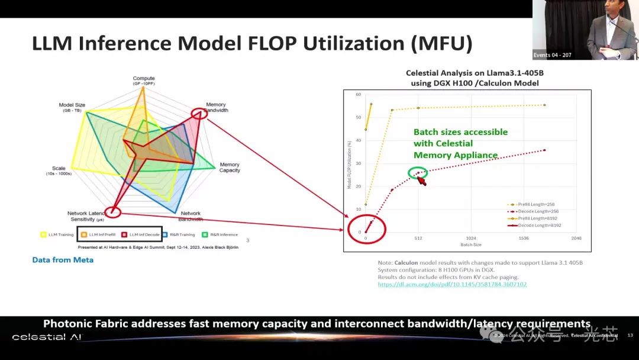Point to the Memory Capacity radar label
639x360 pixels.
point(230,168)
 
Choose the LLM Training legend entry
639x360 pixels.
point(58,234)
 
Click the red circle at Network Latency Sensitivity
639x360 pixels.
point(112,212)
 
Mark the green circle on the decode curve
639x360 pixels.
point(417,173)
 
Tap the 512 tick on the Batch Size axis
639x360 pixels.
point(418,239)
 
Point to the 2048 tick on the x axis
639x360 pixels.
point(576,239)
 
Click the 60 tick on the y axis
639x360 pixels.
point(359,95)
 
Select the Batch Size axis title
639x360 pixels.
point(471,245)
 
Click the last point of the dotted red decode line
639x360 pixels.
point(544,150)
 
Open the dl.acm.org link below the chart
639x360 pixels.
point(452,284)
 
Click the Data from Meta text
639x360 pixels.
point(63,260)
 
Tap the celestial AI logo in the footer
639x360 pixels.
point(47,337)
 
